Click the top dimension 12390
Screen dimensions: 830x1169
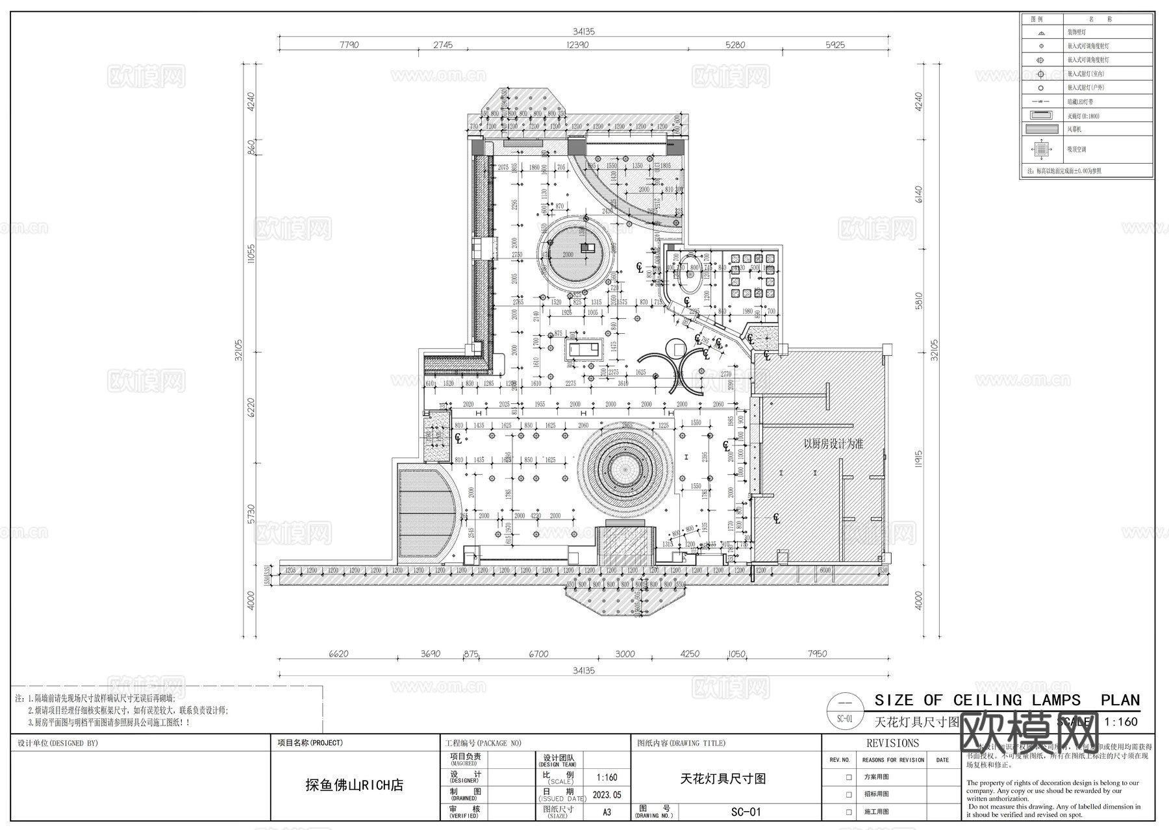coord(577,45)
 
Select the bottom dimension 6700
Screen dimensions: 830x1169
coord(538,654)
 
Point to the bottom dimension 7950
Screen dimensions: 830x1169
coord(817,654)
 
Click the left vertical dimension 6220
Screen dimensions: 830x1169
coord(251,408)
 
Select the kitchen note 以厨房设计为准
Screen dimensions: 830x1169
coord(833,444)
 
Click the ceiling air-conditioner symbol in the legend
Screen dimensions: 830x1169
coord(1041,149)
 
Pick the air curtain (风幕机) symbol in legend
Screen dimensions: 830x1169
coord(1041,129)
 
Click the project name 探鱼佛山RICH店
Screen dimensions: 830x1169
coord(355,785)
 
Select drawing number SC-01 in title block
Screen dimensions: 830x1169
coord(746,812)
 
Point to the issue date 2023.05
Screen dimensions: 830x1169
coord(607,794)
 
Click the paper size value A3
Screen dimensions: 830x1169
coord(607,812)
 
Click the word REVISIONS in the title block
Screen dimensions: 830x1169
coord(892,743)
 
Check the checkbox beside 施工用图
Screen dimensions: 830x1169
coord(848,812)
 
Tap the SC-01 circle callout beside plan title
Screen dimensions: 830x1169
coord(844,711)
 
